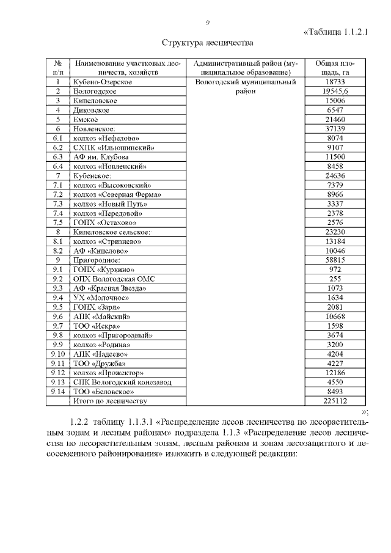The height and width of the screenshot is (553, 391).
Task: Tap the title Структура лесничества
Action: (x=207, y=43)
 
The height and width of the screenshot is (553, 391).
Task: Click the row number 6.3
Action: (x=58, y=157)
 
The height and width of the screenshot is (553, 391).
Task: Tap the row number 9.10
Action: (x=58, y=354)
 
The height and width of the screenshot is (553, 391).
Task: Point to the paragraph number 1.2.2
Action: (x=80, y=422)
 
